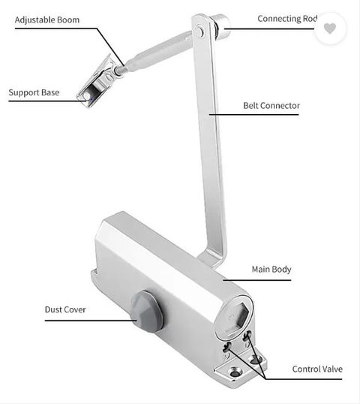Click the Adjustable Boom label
(x=47, y=20)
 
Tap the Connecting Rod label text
(x=287, y=19)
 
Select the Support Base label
(x=34, y=92)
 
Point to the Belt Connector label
(x=271, y=106)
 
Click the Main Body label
(x=271, y=270)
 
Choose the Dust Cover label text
(x=65, y=309)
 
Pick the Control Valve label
(x=317, y=369)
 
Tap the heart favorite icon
(x=330, y=28)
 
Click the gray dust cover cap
(x=147, y=312)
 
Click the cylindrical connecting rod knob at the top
(x=220, y=26)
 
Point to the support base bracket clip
(x=97, y=82)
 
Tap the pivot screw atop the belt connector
(x=200, y=32)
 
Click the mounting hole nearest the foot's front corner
(x=235, y=372)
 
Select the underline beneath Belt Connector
(x=253, y=114)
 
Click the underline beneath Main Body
(x=256, y=280)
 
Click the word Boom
(x=68, y=20)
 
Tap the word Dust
(x=53, y=309)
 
